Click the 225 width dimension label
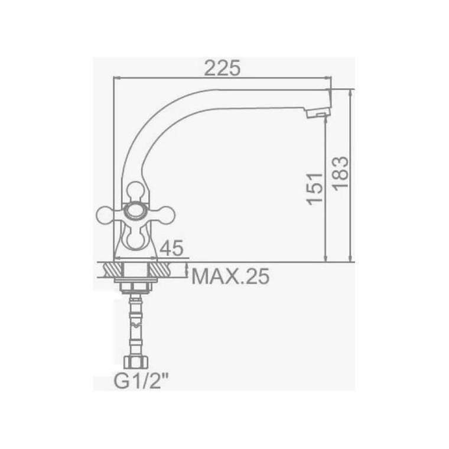click(223, 68)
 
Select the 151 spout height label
click(314, 189)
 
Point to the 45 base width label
click(171, 248)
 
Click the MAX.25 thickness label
click(230, 276)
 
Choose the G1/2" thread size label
click(141, 382)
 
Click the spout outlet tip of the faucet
click(318, 114)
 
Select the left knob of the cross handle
click(105, 214)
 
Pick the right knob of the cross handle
click(165, 215)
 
